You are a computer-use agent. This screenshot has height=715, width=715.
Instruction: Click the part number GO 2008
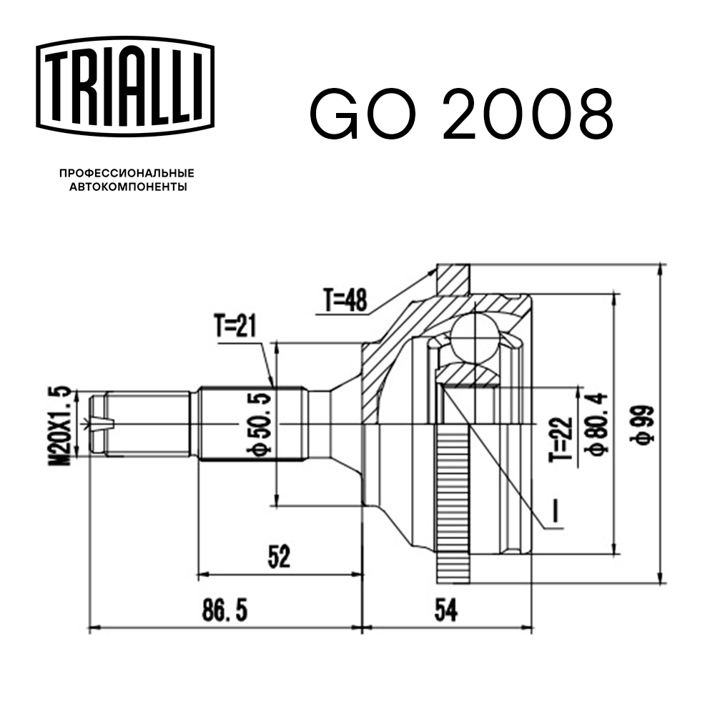click(x=460, y=114)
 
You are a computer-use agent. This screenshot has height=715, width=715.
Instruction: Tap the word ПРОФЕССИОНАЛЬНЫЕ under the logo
click(x=127, y=174)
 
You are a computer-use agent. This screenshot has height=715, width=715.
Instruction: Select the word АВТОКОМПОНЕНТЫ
click(x=127, y=187)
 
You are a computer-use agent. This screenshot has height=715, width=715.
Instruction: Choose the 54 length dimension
click(x=445, y=612)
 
